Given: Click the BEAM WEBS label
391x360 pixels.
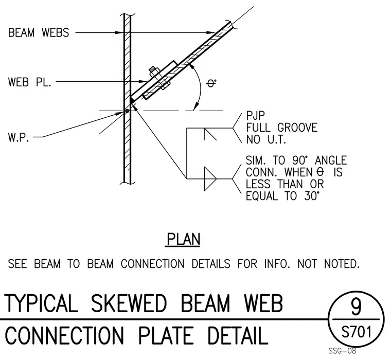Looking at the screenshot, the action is pos(39,33).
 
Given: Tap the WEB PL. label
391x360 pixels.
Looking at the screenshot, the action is pos(30,82).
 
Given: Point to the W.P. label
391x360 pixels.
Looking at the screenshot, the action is pos(19,137).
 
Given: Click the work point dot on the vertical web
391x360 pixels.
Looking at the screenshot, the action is pos(127,111).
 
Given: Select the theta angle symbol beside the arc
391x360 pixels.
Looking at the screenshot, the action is pos(211,83).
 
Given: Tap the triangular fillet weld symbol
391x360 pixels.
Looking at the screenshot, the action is pos(210,179).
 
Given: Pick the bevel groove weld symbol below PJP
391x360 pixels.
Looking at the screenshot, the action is pos(210,134).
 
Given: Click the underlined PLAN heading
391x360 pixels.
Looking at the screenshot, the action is pos(183,239).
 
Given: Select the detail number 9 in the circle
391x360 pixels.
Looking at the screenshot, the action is pos(356,307).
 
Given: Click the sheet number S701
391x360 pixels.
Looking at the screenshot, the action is pos(357,332).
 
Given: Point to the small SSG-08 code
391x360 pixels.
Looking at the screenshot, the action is pos(342,351).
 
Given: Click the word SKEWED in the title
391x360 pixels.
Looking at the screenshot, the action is pos(129,303).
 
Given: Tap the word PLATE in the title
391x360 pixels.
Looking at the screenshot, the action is pos(166,335).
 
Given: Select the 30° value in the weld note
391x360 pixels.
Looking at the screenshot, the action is pos(311,196).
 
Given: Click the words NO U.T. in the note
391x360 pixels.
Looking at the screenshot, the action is pos(266,139).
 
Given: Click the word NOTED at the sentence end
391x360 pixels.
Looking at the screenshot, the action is pos(342,264).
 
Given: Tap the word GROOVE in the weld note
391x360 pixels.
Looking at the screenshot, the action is pos(297,128).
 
